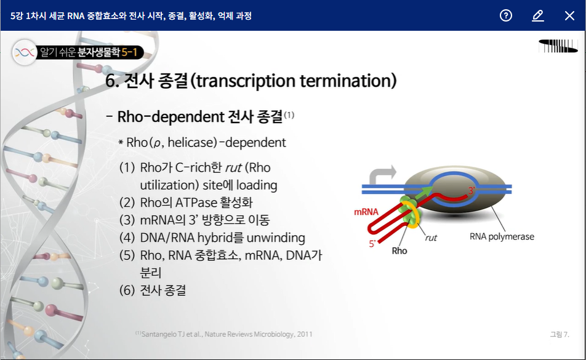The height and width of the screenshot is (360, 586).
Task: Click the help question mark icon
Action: pos(505,15)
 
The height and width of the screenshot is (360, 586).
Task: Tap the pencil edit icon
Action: pos(538,15)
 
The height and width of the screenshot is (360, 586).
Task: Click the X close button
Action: pos(569,15)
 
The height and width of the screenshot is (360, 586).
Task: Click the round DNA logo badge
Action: pos(25,52)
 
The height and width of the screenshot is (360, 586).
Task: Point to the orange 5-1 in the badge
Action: pos(130,52)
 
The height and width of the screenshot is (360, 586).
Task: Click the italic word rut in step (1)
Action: pos(233,168)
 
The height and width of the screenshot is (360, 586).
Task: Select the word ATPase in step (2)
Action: pos(196,203)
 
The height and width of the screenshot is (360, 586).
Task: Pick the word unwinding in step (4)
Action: pos(276,238)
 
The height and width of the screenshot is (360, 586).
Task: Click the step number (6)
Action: pos(127,290)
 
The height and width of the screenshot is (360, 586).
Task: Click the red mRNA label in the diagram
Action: pos(366,212)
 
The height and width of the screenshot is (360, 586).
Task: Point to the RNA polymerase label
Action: pos(502,236)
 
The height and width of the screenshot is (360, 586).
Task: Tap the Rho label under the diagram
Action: pos(399,250)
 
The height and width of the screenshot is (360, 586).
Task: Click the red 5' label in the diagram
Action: pos(372,244)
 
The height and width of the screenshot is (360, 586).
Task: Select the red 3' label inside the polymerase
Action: pos(472,190)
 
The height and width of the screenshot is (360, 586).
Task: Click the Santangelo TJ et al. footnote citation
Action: pos(224,334)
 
